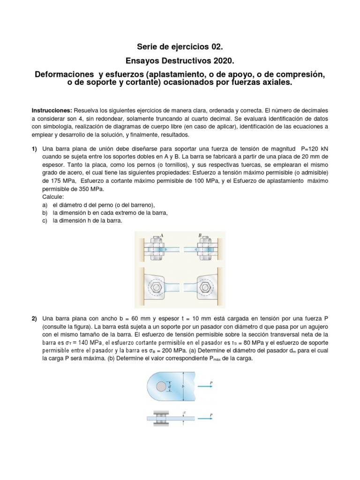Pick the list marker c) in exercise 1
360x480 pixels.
[x=45, y=221]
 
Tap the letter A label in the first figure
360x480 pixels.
[x=162, y=236]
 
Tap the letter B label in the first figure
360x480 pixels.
[x=200, y=236]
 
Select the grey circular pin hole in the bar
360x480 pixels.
[x=161, y=386]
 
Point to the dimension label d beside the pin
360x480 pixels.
[x=169, y=387]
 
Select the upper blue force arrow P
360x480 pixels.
[x=205, y=386]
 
